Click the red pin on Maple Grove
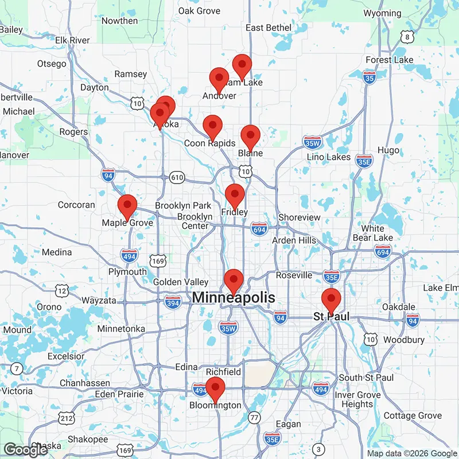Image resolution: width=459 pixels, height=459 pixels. click(127, 205)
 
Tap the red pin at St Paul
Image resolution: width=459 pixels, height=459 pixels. click(331, 300)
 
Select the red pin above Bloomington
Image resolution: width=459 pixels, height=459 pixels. click(215, 388)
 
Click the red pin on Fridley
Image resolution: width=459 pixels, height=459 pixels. click(235, 195)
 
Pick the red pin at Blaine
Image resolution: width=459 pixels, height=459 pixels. click(250, 136)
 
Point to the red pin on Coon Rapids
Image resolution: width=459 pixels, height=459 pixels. click(213, 126)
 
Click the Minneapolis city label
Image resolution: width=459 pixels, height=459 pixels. click(234, 298)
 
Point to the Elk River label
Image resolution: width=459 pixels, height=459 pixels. click(72, 40)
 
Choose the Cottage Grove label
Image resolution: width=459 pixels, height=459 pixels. click(413, 415)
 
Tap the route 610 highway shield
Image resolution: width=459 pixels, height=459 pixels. click(177, 178)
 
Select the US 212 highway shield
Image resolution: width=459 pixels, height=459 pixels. click(67, 418)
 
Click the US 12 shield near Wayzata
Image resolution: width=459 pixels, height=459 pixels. click(60, 291)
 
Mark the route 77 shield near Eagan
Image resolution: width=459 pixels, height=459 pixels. click(254, 418)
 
